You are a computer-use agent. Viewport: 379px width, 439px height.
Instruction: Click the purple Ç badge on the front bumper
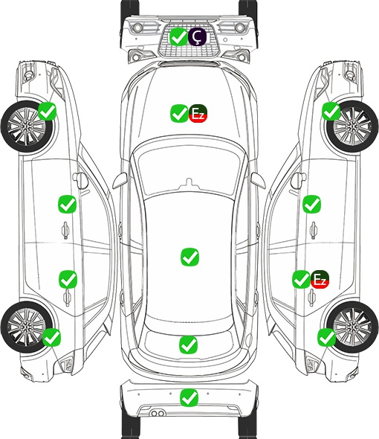197,36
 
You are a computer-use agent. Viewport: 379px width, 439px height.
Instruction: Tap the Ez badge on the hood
198,113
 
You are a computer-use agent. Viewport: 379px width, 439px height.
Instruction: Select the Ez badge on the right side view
320,279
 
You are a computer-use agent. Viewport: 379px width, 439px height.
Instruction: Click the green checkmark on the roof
190,257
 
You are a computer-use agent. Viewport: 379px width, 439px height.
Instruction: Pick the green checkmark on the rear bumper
189,397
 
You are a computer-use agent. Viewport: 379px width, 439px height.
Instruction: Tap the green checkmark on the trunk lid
188,345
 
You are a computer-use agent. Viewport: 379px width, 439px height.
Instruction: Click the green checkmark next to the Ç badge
179,36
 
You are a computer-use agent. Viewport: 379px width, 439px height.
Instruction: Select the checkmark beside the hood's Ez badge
180,113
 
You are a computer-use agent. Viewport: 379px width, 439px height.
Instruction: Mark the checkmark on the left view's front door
67,204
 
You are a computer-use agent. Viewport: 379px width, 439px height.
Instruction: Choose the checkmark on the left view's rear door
68,279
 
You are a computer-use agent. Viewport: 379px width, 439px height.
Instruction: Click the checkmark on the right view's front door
312,204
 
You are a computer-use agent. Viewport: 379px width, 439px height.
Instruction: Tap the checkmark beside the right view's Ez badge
301,279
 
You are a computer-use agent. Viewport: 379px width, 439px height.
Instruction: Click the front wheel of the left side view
27,126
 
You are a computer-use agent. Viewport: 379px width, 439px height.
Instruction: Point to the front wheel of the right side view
352,126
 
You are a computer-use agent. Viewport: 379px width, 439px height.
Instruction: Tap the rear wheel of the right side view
352,327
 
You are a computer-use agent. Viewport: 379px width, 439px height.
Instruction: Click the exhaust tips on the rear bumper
158,413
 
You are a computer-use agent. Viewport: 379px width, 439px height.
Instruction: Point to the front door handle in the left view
65,230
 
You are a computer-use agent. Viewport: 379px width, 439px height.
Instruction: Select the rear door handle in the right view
312,298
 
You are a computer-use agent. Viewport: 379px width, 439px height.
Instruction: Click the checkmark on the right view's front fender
331,111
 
